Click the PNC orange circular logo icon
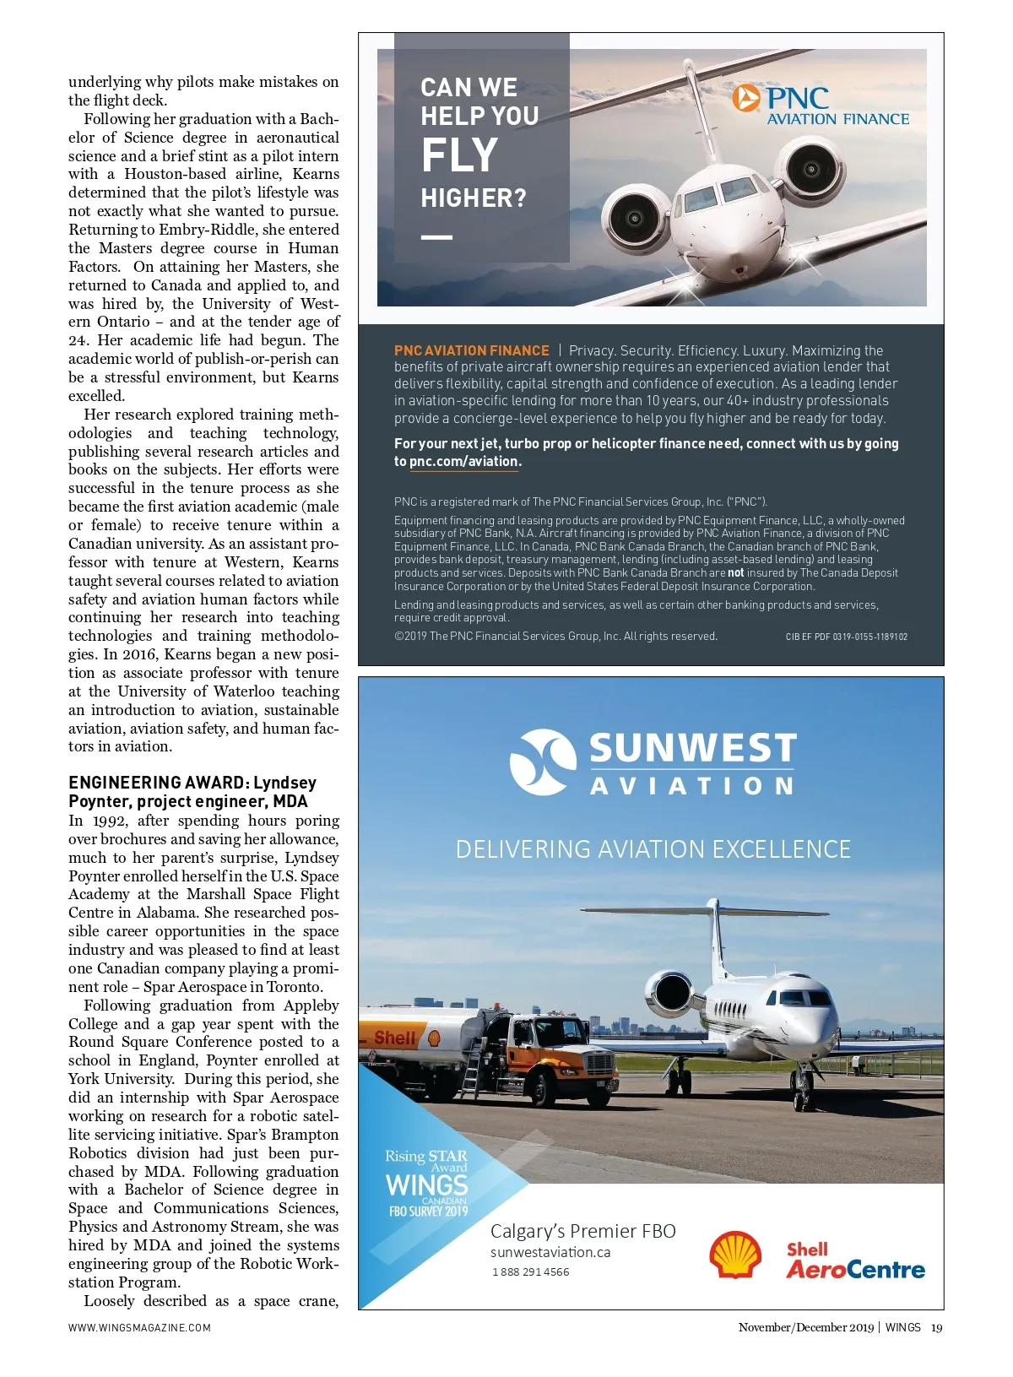coord(746,98)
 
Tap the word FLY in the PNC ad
coord(460,155)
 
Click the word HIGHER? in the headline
coord(474,198)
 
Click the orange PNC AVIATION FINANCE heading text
coord(471,350)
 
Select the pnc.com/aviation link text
coord(463,462)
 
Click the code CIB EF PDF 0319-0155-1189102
coord(846,637)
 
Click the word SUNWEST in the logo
coord(692,748)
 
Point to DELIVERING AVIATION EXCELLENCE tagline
coord(653,849)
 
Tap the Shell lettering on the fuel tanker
coord(395,1038)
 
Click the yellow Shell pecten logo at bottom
coord(734,1254)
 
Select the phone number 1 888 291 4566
coord(531,1272)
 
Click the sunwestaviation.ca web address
coord(550,1253)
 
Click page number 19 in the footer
coord(936,1327)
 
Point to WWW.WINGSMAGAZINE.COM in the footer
coord(139,1327)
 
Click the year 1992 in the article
coord(110,821)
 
